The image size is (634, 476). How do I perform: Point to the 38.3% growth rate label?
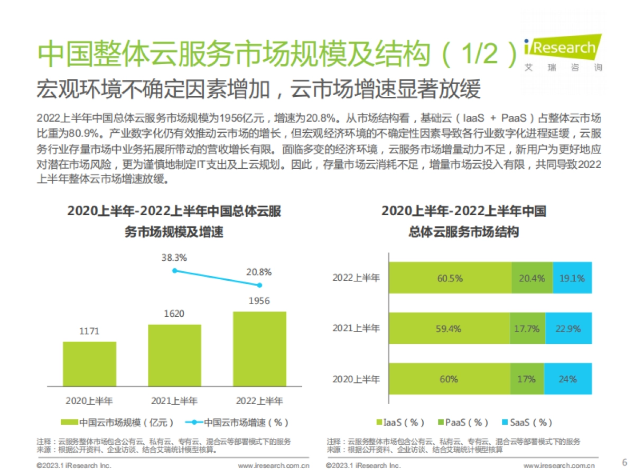(174, 258)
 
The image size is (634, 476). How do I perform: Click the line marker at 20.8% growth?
(259, 285)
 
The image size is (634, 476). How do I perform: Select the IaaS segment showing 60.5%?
(450, 278)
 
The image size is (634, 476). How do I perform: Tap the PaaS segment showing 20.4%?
(532, 278)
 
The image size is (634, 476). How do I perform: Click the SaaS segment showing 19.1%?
(572, 278)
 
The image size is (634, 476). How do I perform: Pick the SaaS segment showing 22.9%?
(568, 328)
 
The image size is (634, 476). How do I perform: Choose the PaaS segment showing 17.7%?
(527, 328)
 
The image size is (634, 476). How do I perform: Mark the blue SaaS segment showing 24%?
(567, 379)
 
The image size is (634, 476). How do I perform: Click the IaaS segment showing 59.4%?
(449, 328)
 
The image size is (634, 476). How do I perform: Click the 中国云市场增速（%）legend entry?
(240, 423)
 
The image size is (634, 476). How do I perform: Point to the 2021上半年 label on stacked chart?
(356, 328)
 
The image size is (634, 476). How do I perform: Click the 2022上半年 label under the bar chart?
(259, 400)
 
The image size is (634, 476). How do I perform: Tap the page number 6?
(624, 462)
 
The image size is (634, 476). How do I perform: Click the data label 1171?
(89, 332)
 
